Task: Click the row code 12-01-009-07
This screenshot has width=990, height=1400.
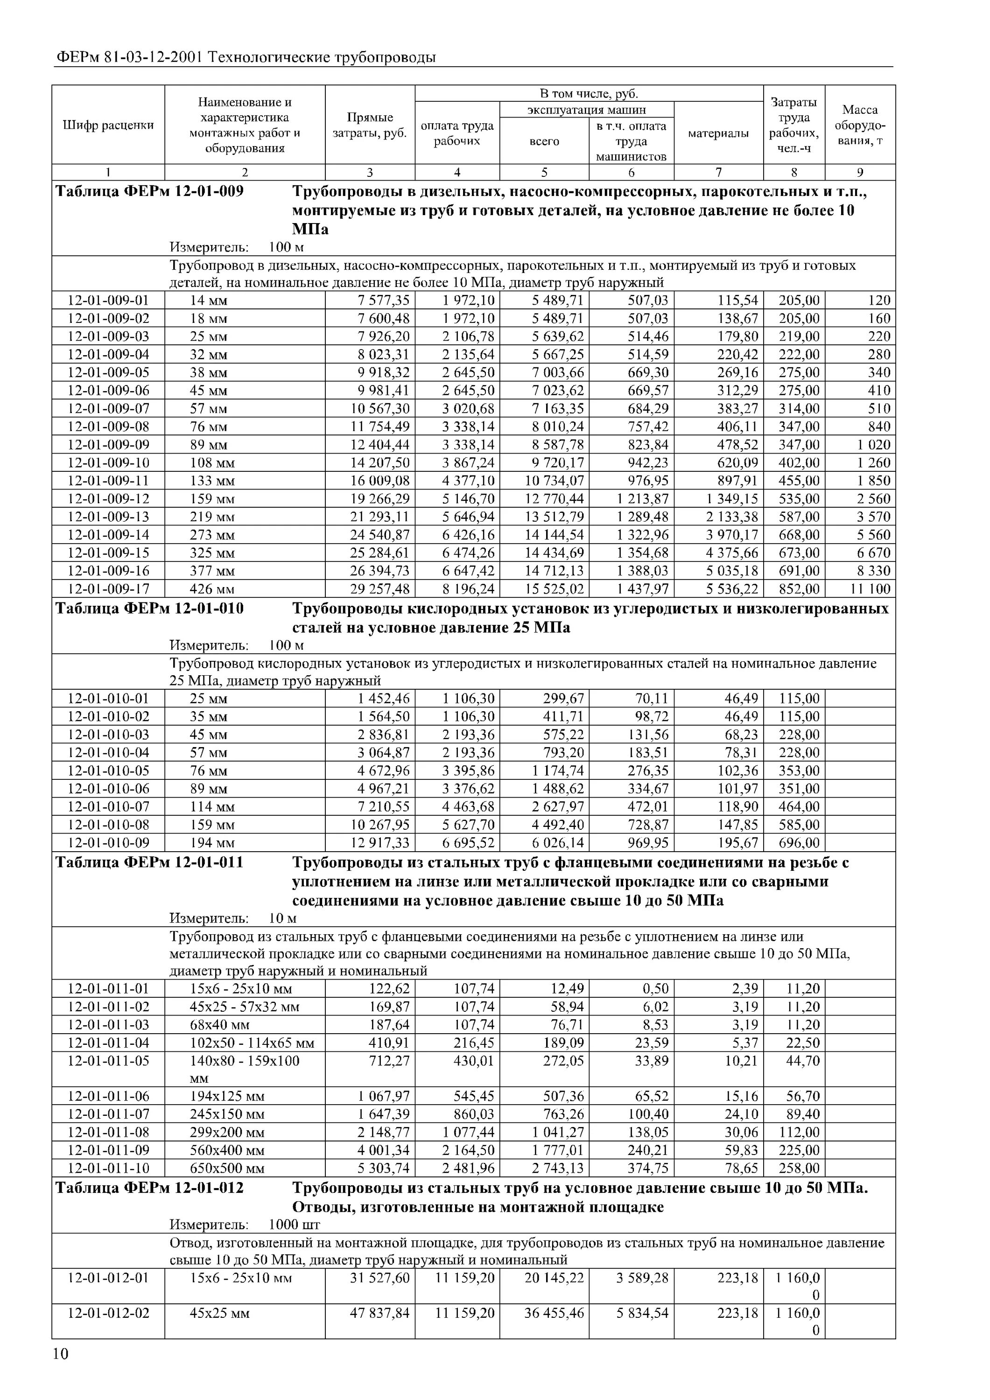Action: pyautogui.click(x=108, y=408)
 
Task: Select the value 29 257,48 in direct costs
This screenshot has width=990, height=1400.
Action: pyautogui.click(x=380, y=589)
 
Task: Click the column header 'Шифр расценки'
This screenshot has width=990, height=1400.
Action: pyautogui.click(x=108, y=125)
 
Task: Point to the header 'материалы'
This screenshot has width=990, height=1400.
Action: pyautogui.click(x=718, y=133)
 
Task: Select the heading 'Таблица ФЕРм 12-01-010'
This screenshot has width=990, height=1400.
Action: pyautogui.click(x=149, y=609)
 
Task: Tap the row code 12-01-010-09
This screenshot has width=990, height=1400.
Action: pyautogui.click(x=108, y=843)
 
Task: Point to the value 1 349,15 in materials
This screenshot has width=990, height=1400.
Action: pyautogui.click(x=733, y=499)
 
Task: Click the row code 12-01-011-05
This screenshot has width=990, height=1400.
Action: pyautogui.click(x=108, y=1061)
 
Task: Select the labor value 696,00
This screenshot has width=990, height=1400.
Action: pyautogui.click(x=799, y=843)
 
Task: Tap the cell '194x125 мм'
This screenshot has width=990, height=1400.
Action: pyautogui.click(x=227, y=1096)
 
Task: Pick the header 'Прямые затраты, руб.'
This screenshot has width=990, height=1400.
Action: pyautogui.click(x=370, y=125)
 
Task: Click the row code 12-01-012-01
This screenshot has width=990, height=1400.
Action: pyautogui.click(x=108, y=1277)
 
